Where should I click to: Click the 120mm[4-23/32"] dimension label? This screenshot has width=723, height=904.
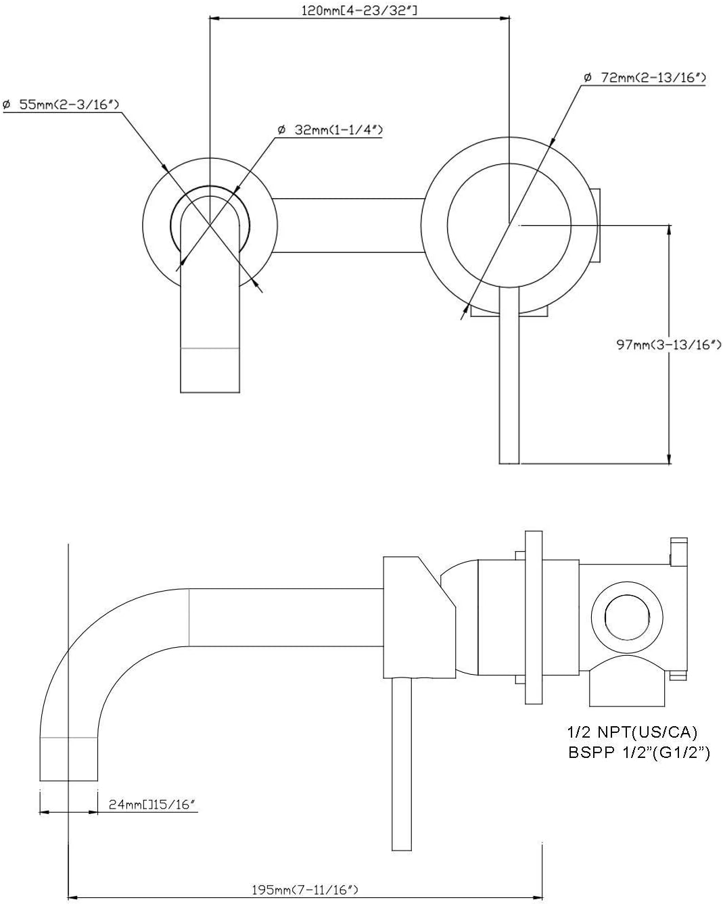(x=359, y=11)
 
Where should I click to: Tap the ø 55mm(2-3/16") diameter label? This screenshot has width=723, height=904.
(x=61, y=105)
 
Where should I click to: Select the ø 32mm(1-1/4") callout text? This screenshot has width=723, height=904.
(x=330, y=130)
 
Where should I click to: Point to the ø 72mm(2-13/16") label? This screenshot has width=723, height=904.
(x=645, y=78)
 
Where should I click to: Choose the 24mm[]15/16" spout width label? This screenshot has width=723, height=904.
(x=152, y=805)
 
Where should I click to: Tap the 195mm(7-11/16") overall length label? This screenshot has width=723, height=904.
(x=305, y=890)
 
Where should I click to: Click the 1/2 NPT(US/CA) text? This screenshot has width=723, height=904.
(x=632, y=732)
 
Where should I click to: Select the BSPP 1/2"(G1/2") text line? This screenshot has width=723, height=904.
(x=639, y=753)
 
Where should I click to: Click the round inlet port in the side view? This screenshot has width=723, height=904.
(x=627, y=617)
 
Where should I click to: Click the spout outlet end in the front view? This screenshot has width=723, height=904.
(x=210, y=370)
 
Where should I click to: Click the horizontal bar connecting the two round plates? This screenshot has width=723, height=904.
(x=348, y=226)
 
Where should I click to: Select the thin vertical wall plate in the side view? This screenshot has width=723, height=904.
(x=534, y=617)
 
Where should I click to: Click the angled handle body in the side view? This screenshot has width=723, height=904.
(x=419, y=617)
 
